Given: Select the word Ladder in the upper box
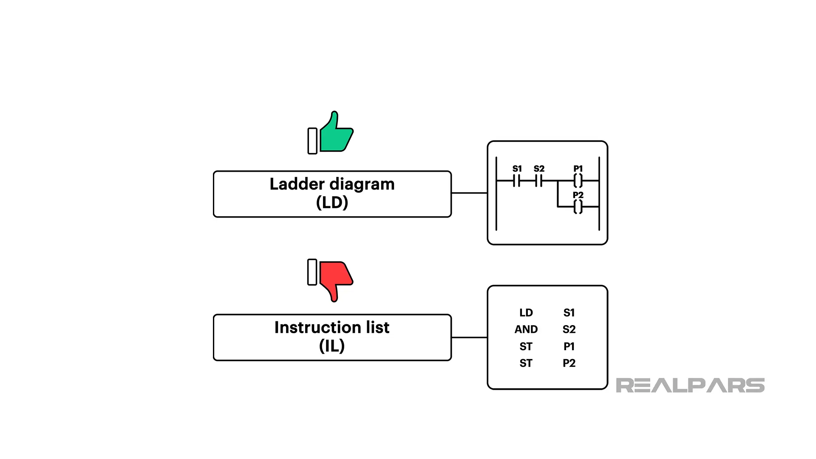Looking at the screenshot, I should [x=297, y=184].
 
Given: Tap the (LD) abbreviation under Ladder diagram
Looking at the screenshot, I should [x=332, y=203].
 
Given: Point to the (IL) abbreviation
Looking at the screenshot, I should [x=332, y=346].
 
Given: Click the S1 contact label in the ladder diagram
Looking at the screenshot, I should [x=517, y=169].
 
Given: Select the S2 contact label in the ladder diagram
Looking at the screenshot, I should [x=539, y=169].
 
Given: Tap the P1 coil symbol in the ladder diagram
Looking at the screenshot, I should [x=578, y=181].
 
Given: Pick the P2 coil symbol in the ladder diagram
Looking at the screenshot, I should [x=578, y=207].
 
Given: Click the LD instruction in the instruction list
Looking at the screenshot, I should [x=526, y=313].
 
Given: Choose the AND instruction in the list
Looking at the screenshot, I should [x=526, y=329].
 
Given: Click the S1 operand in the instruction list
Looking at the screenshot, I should [x=569, y=313].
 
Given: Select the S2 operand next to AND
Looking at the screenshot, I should [x=569, y=329].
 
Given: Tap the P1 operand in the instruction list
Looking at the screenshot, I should [x=569, y=347].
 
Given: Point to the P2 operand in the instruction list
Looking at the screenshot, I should [x=569, y=363].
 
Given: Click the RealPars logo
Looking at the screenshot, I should [x=690, y=385].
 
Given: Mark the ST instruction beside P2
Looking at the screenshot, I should [x=526, y=363].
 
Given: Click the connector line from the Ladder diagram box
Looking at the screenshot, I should [x=469, y=193].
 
